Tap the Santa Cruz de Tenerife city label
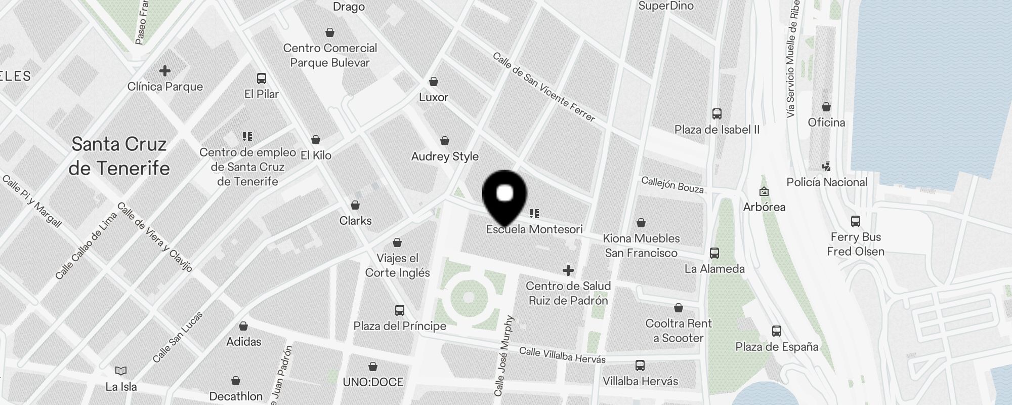point(119,156)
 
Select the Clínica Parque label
point(165,87)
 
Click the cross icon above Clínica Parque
point(165,70)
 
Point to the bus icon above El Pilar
point(262,78)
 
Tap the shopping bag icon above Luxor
point(434,82)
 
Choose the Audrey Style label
point(445,156)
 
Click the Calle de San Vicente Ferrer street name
point(543,87)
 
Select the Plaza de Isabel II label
point(717,130)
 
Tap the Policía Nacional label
point(827,182)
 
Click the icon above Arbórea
point(764,191)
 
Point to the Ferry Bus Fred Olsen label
point(856,244)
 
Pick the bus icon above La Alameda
point(714,253)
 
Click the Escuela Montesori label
point(534,229)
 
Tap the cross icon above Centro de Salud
point(568,270)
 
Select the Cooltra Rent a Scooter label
point(679,331)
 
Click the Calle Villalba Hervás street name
point(562,355)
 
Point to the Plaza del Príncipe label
point(400,326)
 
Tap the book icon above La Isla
point(121,371)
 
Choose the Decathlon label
point(236,396)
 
